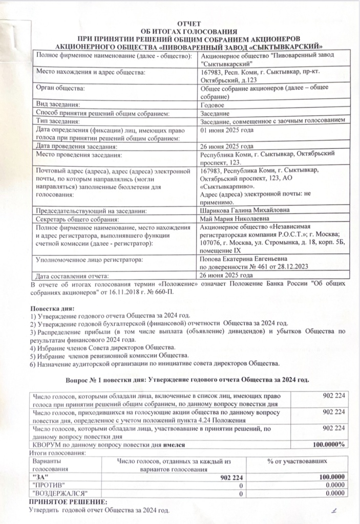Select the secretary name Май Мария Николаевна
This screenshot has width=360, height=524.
[234, 219]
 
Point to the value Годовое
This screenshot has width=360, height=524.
[214, 105]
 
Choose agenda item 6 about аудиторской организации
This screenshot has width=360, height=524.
[155, 364]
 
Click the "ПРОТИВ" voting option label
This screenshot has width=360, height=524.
[49, 485]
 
